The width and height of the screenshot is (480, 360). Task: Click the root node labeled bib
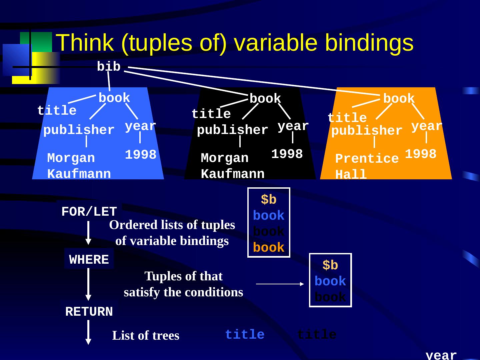(108, 67)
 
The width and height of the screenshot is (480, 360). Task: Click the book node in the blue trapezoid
(114, 98)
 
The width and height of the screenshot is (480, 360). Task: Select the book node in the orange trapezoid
(399, 99)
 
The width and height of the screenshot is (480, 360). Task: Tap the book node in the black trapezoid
(265, 99)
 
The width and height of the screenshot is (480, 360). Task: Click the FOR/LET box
(89, 212)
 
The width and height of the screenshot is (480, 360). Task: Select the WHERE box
(89, 260)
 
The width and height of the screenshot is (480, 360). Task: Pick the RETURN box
(89, 312)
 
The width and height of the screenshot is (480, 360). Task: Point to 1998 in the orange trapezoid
(421, 154)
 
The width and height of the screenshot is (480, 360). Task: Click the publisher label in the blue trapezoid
(79, 130)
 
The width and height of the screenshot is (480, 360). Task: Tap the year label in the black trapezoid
(293, 126)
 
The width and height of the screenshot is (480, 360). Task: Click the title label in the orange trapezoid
(347, 118)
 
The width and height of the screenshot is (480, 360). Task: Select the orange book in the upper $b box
(269, 248)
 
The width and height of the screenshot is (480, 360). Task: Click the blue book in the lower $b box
(330, 281)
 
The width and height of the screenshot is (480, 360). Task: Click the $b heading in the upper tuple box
(269, 200)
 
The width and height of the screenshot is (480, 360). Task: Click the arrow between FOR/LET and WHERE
(88, 233)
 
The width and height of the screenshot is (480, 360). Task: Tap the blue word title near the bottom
(245, 334)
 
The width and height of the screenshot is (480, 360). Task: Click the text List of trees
(146, 335)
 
